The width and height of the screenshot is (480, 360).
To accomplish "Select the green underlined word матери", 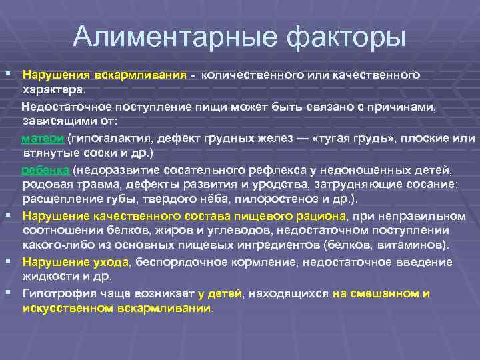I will (43, 139).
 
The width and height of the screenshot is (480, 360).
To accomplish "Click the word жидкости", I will (48, 275).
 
